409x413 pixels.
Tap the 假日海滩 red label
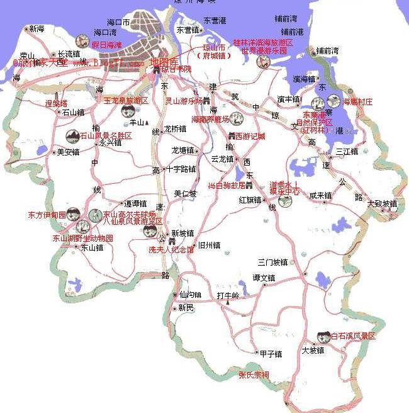click(x=106, y=45)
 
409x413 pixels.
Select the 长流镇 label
click(x=69, y=54)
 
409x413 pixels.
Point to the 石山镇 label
click(x=73, y=112)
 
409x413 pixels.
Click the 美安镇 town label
click(x=68, y=152)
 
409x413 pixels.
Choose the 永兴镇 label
click(x=110, y=143)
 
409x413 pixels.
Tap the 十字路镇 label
click(x=181, y=169)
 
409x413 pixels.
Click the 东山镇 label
click(x=91, y=247)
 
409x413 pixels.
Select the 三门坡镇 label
click(x=272, y=261)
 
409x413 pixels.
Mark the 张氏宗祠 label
click(x=254, y=375)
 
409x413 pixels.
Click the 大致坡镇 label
click(x=382, y=203)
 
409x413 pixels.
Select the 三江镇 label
click(x=347, y=151)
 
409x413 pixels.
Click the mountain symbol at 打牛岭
click(x=227, y=302)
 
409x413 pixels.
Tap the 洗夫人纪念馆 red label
click(x=171, y=249)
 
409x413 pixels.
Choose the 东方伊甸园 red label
click(x=47, y=215)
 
